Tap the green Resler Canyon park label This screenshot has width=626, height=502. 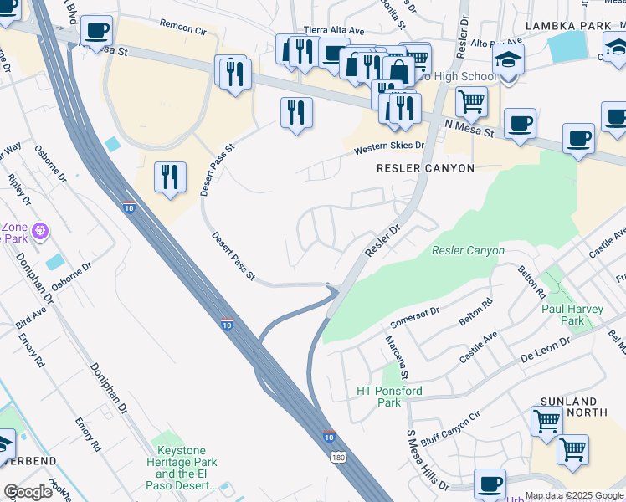[x=468, y=250]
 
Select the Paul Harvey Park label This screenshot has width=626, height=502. [x=572, y=315]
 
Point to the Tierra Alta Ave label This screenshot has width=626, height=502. [x=334, y=30]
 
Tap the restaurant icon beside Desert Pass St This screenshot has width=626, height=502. [x=170, y=177]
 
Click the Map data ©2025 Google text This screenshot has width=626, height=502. [x=574, y=495]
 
